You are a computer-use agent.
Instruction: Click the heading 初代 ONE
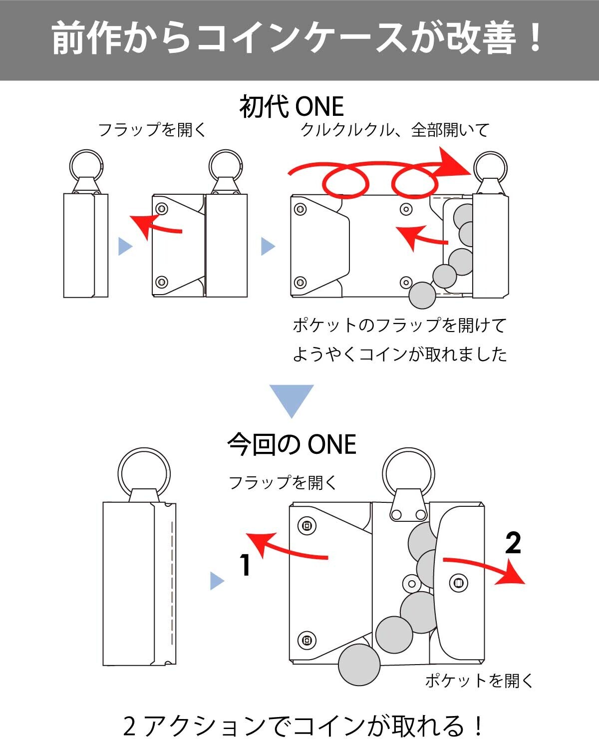pyautogui.click(x=292, y=106)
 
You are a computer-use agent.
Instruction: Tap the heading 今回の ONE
pyautogui.click(x=292, y=444)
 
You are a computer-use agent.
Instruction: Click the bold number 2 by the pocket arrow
pyautogui.click(x=513, y=543)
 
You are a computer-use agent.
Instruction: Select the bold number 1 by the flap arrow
pyautogui.click(x=246, y=565)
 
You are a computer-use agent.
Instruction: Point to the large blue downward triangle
pyautogui.click(x=292, y=401)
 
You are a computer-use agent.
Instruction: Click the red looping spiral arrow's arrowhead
pyautogui.click(x=454, y=164)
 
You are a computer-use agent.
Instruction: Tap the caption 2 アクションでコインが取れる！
pyautogui.click(x=303, y=726)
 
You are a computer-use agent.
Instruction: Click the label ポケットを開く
pyautogui.click(x=479, y=680)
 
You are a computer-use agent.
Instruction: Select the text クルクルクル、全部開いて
pyautogui.click(x=395, y=130)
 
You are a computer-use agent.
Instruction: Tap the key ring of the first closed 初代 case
pyautogui.click(x=86, y=150)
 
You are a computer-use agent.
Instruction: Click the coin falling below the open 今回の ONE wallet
pyautogui.click(x=359, y=665)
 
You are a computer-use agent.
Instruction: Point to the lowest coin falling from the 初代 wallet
pyautogui.click(x=422, y=295)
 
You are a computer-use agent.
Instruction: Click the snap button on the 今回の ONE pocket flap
pyautogui.click(x=458, y=583)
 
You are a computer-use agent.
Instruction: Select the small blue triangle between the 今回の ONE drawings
pyautogui.click(x=217, y=581)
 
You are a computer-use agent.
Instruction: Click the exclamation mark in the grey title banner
pyautogui.click(x=534, y=37)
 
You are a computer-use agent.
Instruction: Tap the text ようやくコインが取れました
pyautogui.click(x=400, y=355)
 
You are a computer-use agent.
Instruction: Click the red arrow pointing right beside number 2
pyautogui.click(x=484, y=569)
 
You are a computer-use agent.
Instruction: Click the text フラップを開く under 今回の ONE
pyautogui.click(x=283, y=482)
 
